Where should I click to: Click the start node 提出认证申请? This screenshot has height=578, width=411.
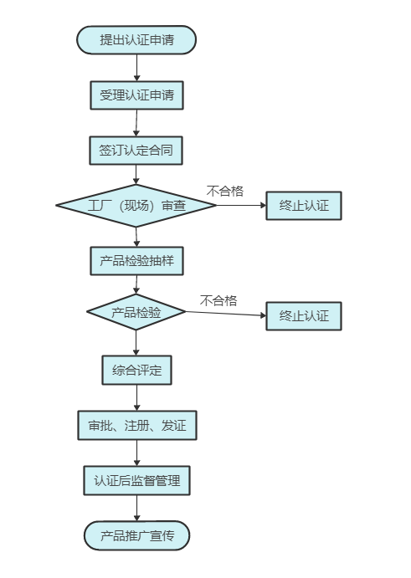(x=136, y=40)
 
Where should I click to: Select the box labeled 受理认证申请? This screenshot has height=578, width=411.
(x=137, y=95)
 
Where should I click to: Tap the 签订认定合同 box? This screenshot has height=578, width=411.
(x=136, y=151)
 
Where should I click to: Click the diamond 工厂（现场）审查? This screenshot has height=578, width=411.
(x=136, y=205)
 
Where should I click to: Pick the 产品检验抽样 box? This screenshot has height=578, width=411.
(x=137, y=261)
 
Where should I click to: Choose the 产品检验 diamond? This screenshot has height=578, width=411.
(x=136, y=312)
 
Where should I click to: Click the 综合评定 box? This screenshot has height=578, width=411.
(x=137, y=370)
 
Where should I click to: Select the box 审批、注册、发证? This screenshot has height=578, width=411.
(x=137, y=426)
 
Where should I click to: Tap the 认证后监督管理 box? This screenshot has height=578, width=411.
(x=137, y=481)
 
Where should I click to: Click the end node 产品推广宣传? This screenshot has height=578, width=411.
(x=137, y=535)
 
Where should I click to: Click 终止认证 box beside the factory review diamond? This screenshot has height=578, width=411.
(x=304, y=206)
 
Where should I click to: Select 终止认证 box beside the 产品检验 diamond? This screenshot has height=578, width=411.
(x=304, y=316)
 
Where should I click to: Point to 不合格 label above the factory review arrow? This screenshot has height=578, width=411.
(x=224, y=191)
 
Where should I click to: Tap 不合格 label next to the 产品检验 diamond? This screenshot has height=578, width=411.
(x=218, y=301)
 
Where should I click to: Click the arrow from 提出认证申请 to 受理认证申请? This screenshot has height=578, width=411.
(x=137, y=68)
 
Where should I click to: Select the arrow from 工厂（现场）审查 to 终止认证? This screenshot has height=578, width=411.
(x=241, y=205)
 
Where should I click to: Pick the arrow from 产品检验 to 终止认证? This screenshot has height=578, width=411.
(x=226, y=314)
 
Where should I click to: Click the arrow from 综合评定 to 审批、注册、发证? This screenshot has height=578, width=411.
(x=137, y=398)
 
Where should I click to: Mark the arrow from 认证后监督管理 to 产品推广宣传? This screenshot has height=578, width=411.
(x=137, y=508)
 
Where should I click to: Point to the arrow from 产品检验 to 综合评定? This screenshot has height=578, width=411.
(x=136, y=343)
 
